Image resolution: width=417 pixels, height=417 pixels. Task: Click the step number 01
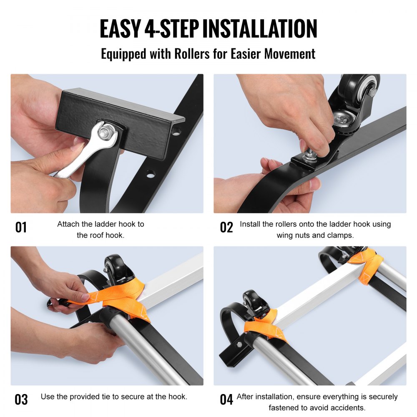21,227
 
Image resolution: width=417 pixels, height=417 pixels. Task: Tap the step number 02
226,227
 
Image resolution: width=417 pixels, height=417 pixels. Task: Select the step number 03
21,399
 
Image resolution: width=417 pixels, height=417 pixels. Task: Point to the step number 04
226,399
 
